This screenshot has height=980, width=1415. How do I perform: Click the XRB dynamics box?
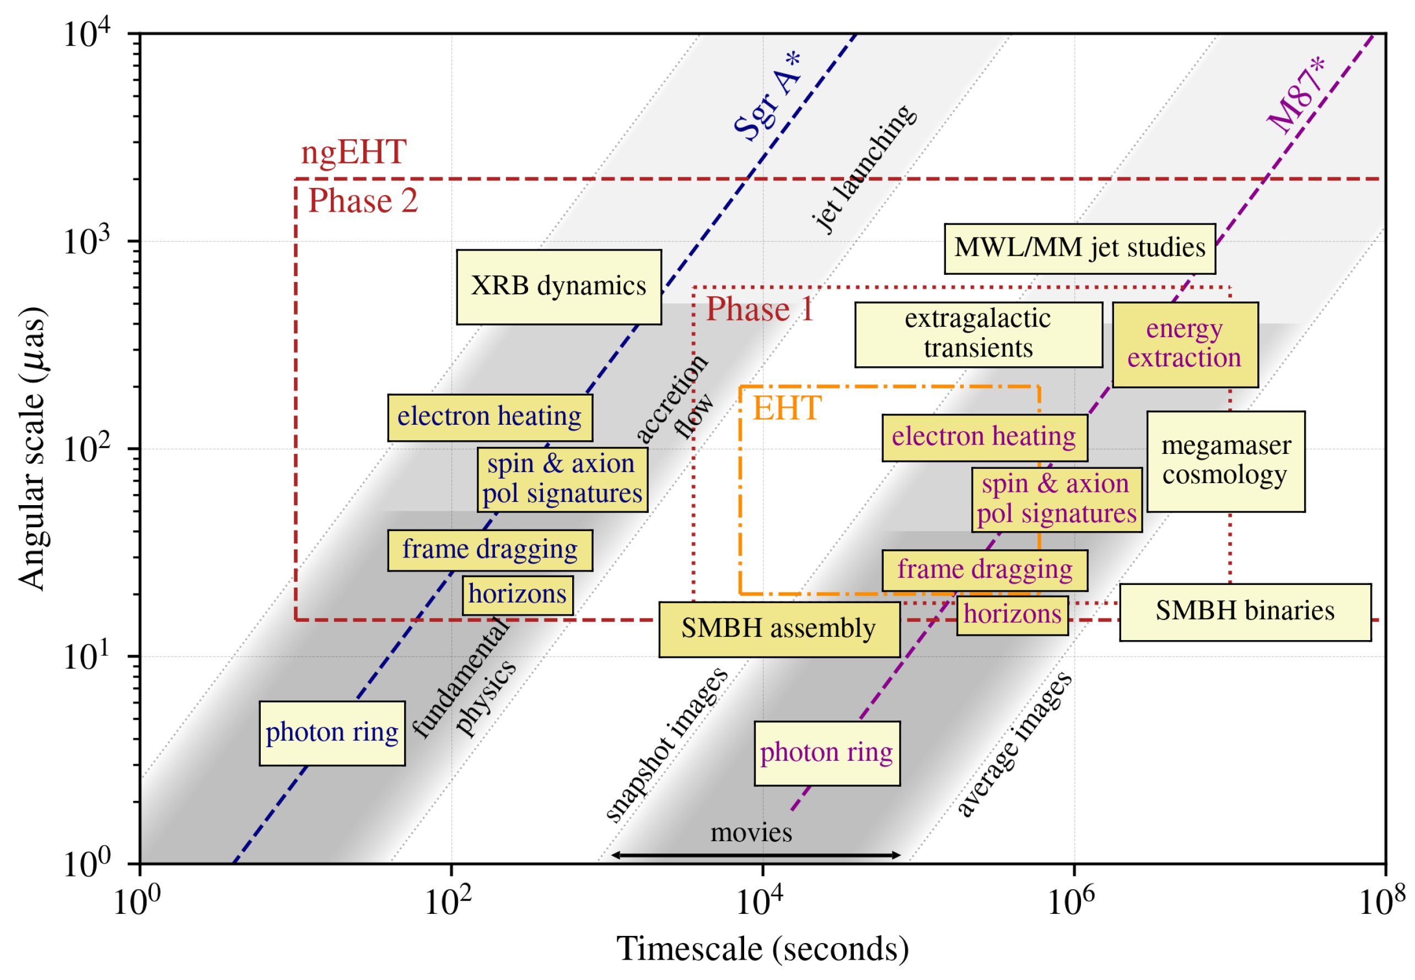[558, 287]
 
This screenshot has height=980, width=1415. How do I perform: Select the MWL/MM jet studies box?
[1079, 248]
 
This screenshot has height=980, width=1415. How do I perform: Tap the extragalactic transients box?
[978, 334]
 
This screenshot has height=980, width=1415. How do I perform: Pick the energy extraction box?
[1185, 344]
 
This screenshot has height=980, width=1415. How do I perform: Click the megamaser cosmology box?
[1225, 461]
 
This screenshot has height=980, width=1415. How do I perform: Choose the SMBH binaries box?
[1245, 612]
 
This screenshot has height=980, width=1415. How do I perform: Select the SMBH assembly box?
[779, 630]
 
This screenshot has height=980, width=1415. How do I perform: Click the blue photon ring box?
[332, 733]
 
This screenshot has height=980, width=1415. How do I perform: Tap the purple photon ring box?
[826, 754]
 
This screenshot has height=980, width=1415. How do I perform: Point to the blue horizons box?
[518, 595]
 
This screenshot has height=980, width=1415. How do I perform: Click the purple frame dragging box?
[984, 571]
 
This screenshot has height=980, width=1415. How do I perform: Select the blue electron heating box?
[489, 418]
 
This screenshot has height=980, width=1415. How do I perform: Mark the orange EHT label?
[787, 408]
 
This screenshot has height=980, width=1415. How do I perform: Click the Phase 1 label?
[760, 309]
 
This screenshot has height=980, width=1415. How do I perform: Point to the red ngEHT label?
[353, 151]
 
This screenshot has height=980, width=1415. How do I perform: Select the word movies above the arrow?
[751, 833]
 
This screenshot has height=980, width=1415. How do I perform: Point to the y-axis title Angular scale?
[32, 448]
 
